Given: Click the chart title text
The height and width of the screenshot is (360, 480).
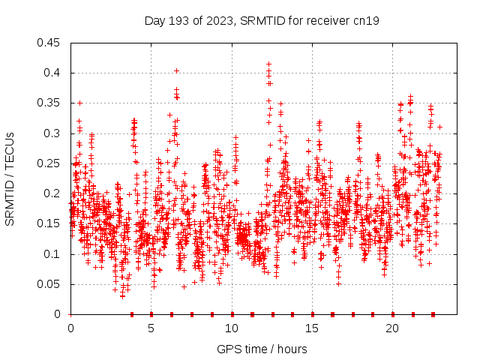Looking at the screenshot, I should click(262, 21).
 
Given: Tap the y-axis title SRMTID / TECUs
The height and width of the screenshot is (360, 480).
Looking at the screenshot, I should click(10, 179).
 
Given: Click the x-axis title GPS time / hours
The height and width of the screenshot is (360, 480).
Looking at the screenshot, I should click(262, 349).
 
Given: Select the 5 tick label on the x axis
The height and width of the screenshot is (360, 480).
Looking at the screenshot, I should click(151, 328).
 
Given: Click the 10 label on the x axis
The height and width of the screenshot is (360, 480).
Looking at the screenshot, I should click(232, 328).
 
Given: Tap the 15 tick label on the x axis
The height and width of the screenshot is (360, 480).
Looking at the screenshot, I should click(312, 328).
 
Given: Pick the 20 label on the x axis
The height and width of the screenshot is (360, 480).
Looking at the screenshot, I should click(392, 328).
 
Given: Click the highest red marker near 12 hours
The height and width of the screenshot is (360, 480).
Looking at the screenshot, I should click(268, 64).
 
